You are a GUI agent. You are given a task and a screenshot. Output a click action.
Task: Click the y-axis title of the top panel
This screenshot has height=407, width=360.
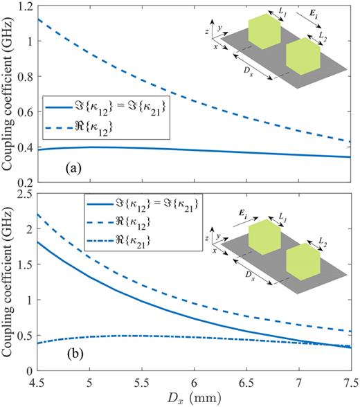coord(8,93)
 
